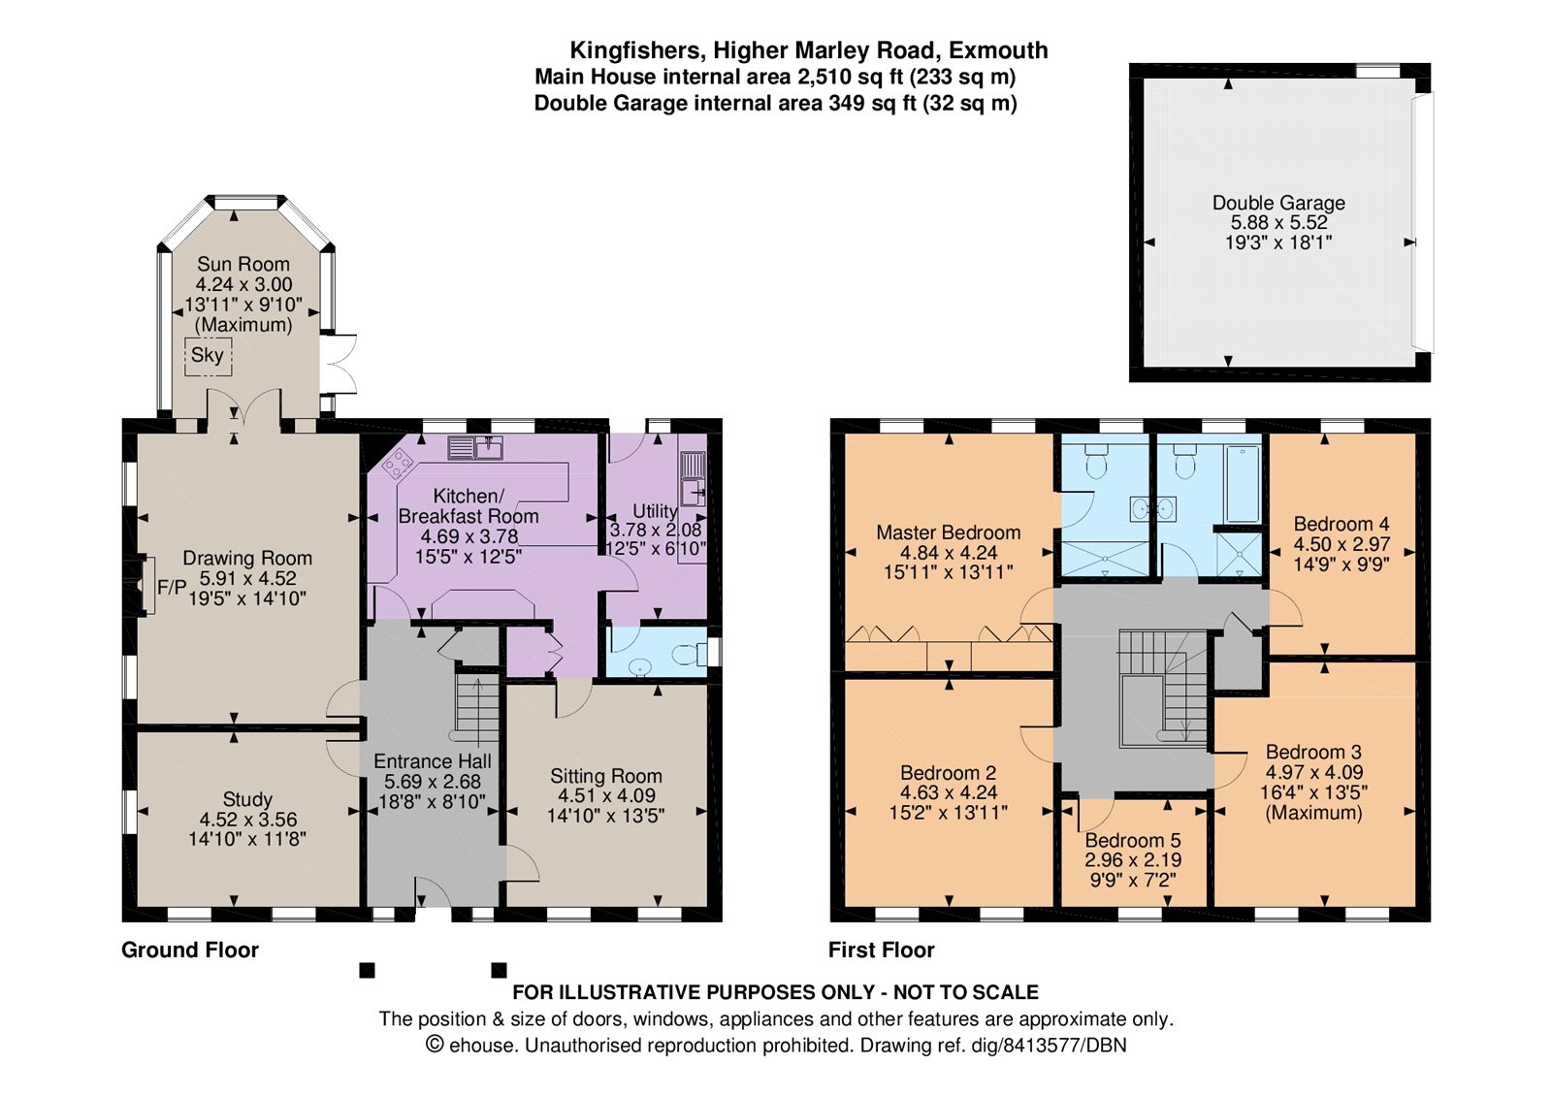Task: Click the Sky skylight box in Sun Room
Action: (208, 356)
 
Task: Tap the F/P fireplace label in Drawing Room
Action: (172, 588)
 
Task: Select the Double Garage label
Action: (1278, 203)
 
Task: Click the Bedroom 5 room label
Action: (1133, 840)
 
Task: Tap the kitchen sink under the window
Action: (475, 447)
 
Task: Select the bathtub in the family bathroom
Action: (1243, 484)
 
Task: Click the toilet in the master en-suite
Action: (1096, 463)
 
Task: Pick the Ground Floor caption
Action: (190, 950)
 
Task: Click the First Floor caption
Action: (881, 950)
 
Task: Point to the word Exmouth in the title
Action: (998, 50)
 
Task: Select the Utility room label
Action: (655, 510)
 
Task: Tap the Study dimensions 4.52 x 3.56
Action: (247, 820)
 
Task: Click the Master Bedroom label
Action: (948, 532)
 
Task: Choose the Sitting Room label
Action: (606, 776)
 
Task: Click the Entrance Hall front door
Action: (434, 892)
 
